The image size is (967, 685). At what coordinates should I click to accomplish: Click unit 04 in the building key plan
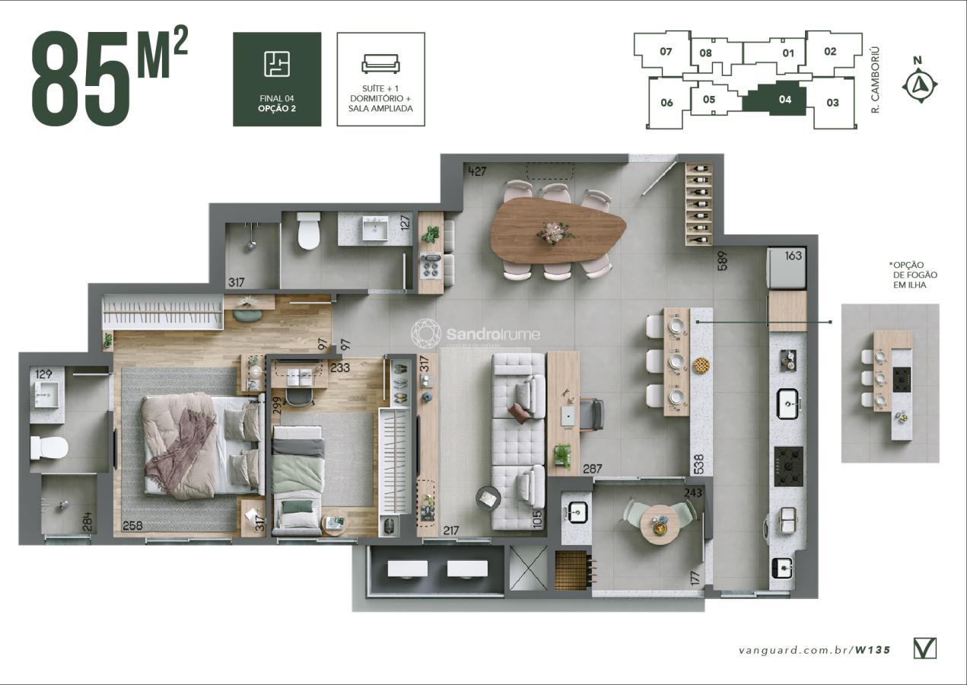pyautogui.click(x=784, y=99)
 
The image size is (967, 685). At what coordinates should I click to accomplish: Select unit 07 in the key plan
pyautogui.click(x=666, y=53)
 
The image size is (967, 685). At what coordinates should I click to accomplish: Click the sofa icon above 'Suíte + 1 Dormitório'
pyautogui.click(x=380, y=64)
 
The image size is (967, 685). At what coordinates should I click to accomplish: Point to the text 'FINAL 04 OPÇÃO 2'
pyautogui.click(x=277, y=104)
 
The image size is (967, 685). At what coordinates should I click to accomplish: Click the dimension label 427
pyautogui.click(x=477, y=170)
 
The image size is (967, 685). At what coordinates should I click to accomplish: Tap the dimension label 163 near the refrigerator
pyautogui.click(x=793, y=256)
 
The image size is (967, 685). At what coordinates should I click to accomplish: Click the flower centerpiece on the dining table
pyautogui.click(x=555, y=232)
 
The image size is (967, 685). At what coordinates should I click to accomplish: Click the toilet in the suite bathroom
pyautogui.click(x=49, y=448)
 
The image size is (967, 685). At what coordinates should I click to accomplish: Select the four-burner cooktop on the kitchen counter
pyautogui.click(x=788, y=466)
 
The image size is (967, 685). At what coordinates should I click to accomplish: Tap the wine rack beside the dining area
pyautogui.click(x=699, y=204)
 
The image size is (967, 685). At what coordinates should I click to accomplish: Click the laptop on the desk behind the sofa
pyautogui.click(x=568, y=415)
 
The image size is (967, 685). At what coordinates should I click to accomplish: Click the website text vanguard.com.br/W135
pyautogui.click(x=814, y=650)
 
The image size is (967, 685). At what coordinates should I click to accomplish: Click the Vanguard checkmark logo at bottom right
pyautogui.click(x=924, y=648)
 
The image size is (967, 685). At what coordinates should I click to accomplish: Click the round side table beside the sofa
pyautogui.click(x=488, y=498)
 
